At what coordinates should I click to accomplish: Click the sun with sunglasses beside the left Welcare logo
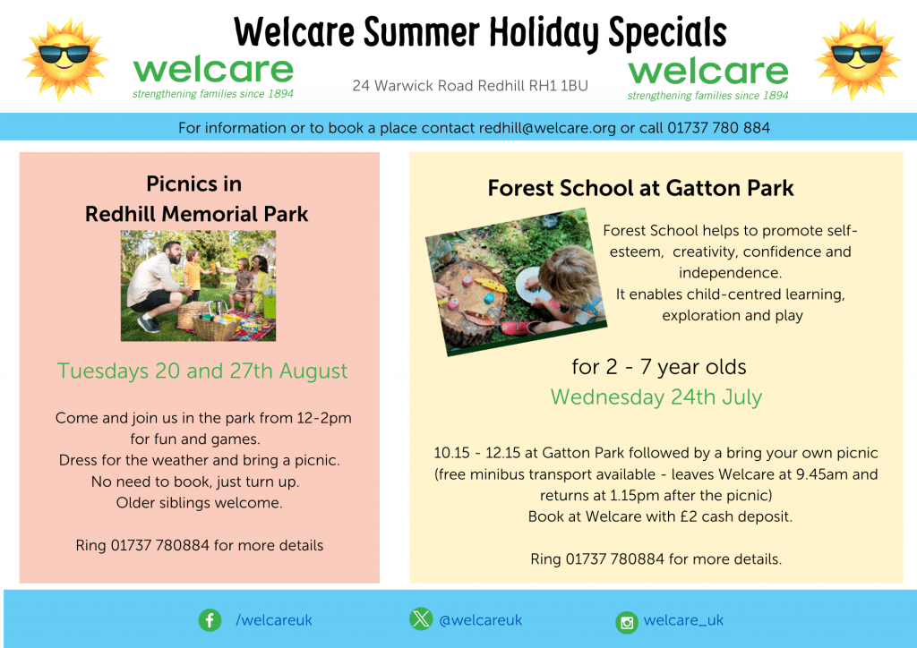tap(64, 59)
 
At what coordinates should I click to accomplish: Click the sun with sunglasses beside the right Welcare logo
tap(857, 59)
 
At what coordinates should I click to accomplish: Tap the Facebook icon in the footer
tap(210, 620)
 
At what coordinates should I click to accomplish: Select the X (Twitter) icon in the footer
tap(421, 618)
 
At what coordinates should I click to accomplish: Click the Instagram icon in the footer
tap(626, 622)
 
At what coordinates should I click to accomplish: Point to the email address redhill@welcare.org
tap(547, 128)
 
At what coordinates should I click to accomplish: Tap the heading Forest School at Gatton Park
tap(640, 188)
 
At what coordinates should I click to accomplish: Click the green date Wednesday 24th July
tap(656, 397)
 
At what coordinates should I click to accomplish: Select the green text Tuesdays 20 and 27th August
tap(202, 371)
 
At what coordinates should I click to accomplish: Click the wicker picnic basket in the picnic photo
tap(215, 326)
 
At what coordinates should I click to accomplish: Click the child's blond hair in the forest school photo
tap(566, 274)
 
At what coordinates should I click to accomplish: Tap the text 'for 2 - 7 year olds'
tap(659, 367)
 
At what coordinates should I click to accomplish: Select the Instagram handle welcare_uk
tap(683, 620)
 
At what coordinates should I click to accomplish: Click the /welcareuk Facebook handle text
tap(274, 620)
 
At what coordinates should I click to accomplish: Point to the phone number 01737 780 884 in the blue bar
tap(719, 128)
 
